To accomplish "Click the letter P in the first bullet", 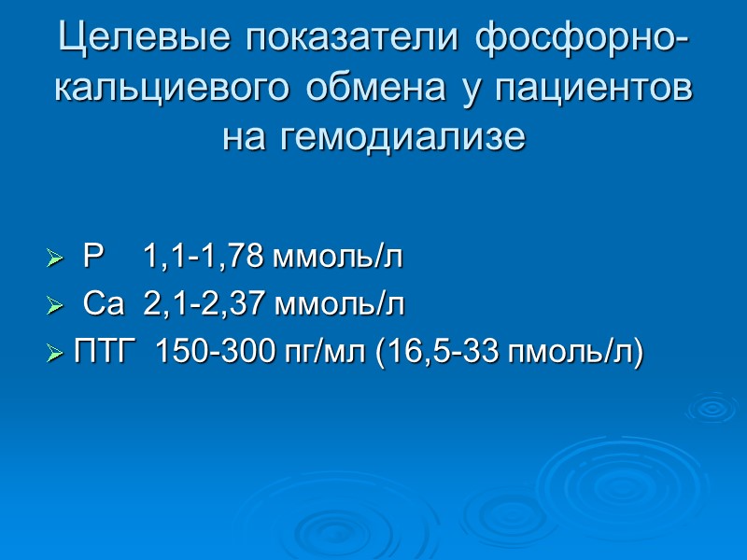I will (x=93, y=257).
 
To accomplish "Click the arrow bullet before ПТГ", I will (x=54, y=354).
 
